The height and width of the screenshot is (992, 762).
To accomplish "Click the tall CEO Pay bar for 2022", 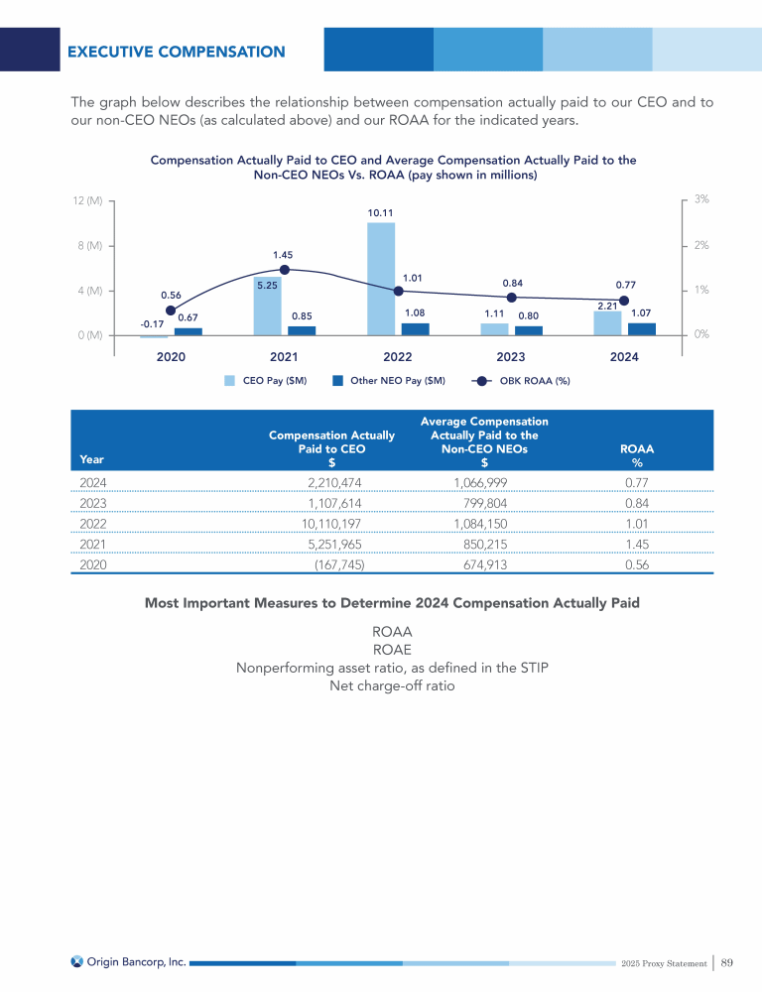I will [x=381, y=279].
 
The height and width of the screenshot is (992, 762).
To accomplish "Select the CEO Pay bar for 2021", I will [x=268, y=307].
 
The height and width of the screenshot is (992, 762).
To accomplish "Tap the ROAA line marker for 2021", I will [x=285, y=270].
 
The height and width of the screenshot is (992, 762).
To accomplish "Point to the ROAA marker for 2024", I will [x=624, y=301].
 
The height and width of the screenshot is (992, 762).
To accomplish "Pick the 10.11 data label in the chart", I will [x=381, y=212].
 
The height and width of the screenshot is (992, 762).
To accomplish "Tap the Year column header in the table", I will [x=91, y=459].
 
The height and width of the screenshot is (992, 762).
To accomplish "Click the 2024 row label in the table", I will [x=93, y=481].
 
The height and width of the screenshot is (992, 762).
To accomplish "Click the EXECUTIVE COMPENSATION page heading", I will [x=176, y=52].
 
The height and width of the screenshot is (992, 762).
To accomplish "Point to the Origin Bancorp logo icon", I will [x=76, y=961].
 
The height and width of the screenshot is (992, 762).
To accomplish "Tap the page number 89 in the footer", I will [x=727, y=962].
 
